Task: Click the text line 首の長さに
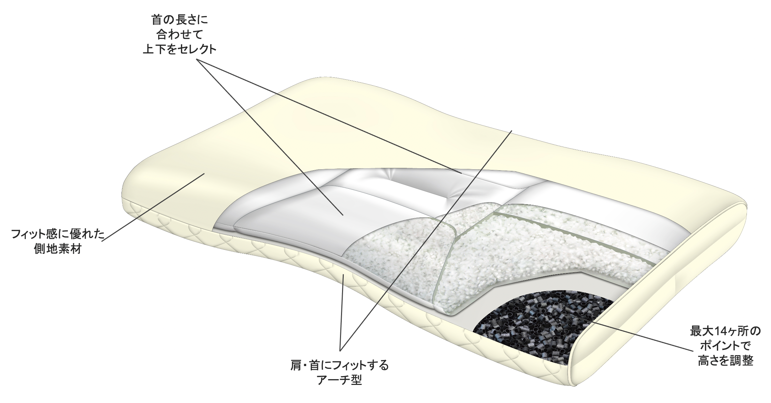coord(180,20)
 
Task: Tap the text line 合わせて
coord(180,35)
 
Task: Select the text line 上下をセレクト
coord(180,50)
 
